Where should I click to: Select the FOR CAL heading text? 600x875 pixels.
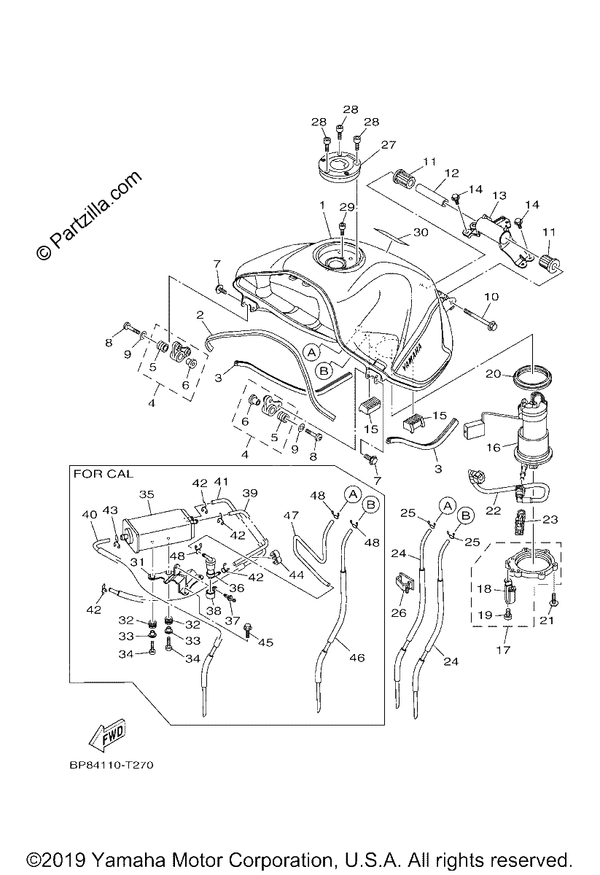click(104, 474)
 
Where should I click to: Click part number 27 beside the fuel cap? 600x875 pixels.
click(388, 144)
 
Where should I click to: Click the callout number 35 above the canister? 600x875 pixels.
click(147, 494)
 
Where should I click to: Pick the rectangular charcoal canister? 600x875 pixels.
click(157, 526)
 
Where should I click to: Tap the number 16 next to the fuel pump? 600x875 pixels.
click(494, 447)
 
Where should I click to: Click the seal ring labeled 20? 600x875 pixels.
click(531, 376)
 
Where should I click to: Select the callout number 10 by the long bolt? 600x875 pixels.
click(491, 297)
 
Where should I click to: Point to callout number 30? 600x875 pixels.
click(421, 232)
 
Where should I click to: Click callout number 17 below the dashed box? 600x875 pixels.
click(503, 650)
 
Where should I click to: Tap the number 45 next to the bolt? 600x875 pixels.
click(265, 642)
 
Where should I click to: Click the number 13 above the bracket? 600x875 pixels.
click(499, 195)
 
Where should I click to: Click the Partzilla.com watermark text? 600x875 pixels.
click(89, 216)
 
